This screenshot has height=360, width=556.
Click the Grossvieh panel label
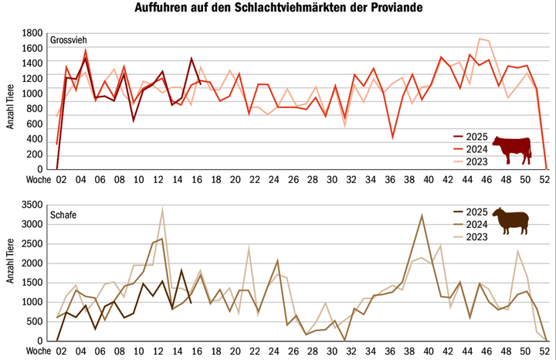point(69,39)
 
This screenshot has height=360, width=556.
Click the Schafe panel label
point(63,212)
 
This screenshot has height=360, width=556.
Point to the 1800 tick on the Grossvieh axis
point(33,34)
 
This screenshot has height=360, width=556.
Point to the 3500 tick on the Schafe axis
point(33,206)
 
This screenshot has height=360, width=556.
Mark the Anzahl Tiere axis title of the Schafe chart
point(11,272)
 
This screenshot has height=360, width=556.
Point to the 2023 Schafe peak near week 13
point(162,209)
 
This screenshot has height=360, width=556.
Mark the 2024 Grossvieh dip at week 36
point(393,138)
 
